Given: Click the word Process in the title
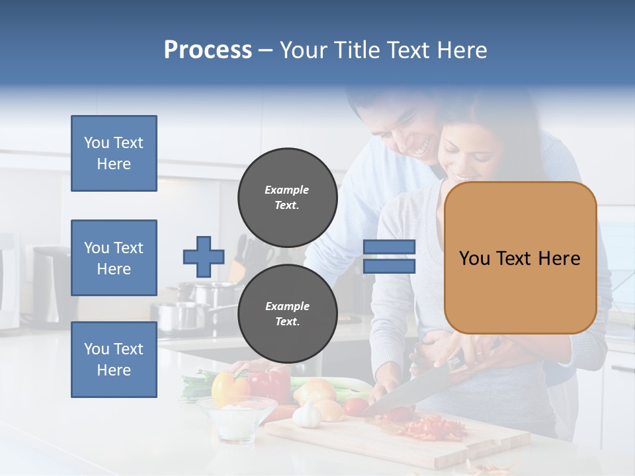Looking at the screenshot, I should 208,50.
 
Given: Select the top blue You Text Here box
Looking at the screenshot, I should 114,153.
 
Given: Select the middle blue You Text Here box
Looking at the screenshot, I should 114,258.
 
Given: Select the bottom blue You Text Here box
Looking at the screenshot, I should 114,360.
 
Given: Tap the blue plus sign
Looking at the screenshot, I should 204,257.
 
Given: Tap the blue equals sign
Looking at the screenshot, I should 389,257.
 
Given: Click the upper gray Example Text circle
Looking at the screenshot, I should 287,198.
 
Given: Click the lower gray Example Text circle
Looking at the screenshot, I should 287,314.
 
